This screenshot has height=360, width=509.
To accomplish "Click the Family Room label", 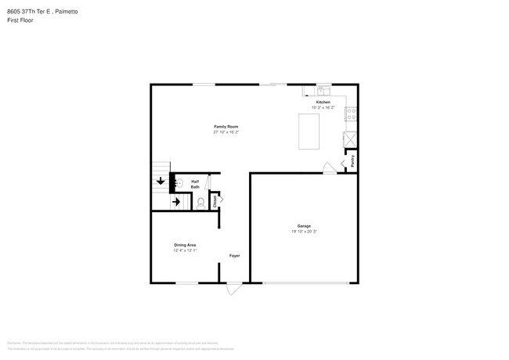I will (x=226, y=127).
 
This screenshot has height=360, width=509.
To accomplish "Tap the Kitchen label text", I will (x=323, y=103).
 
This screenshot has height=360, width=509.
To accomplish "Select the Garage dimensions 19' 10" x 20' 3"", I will (x=304, y=232).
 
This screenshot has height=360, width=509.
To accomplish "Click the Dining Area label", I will (x=185, y=245).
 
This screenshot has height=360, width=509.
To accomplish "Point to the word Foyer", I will (x=234, y=256).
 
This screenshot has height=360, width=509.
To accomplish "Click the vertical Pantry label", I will (x=352, y=161).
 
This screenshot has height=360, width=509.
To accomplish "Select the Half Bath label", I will (x=195, y=184).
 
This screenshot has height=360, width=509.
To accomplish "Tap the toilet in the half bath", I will (x=200, y=203).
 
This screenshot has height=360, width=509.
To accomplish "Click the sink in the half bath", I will (x=178, y=183).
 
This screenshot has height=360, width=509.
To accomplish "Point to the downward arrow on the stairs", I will (x=161, y=181).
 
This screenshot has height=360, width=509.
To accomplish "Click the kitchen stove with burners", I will (x=352, y=113).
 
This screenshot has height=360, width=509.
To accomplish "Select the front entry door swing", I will (x=233, y=288).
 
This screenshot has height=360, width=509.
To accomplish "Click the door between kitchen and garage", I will (x=330, y=167).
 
